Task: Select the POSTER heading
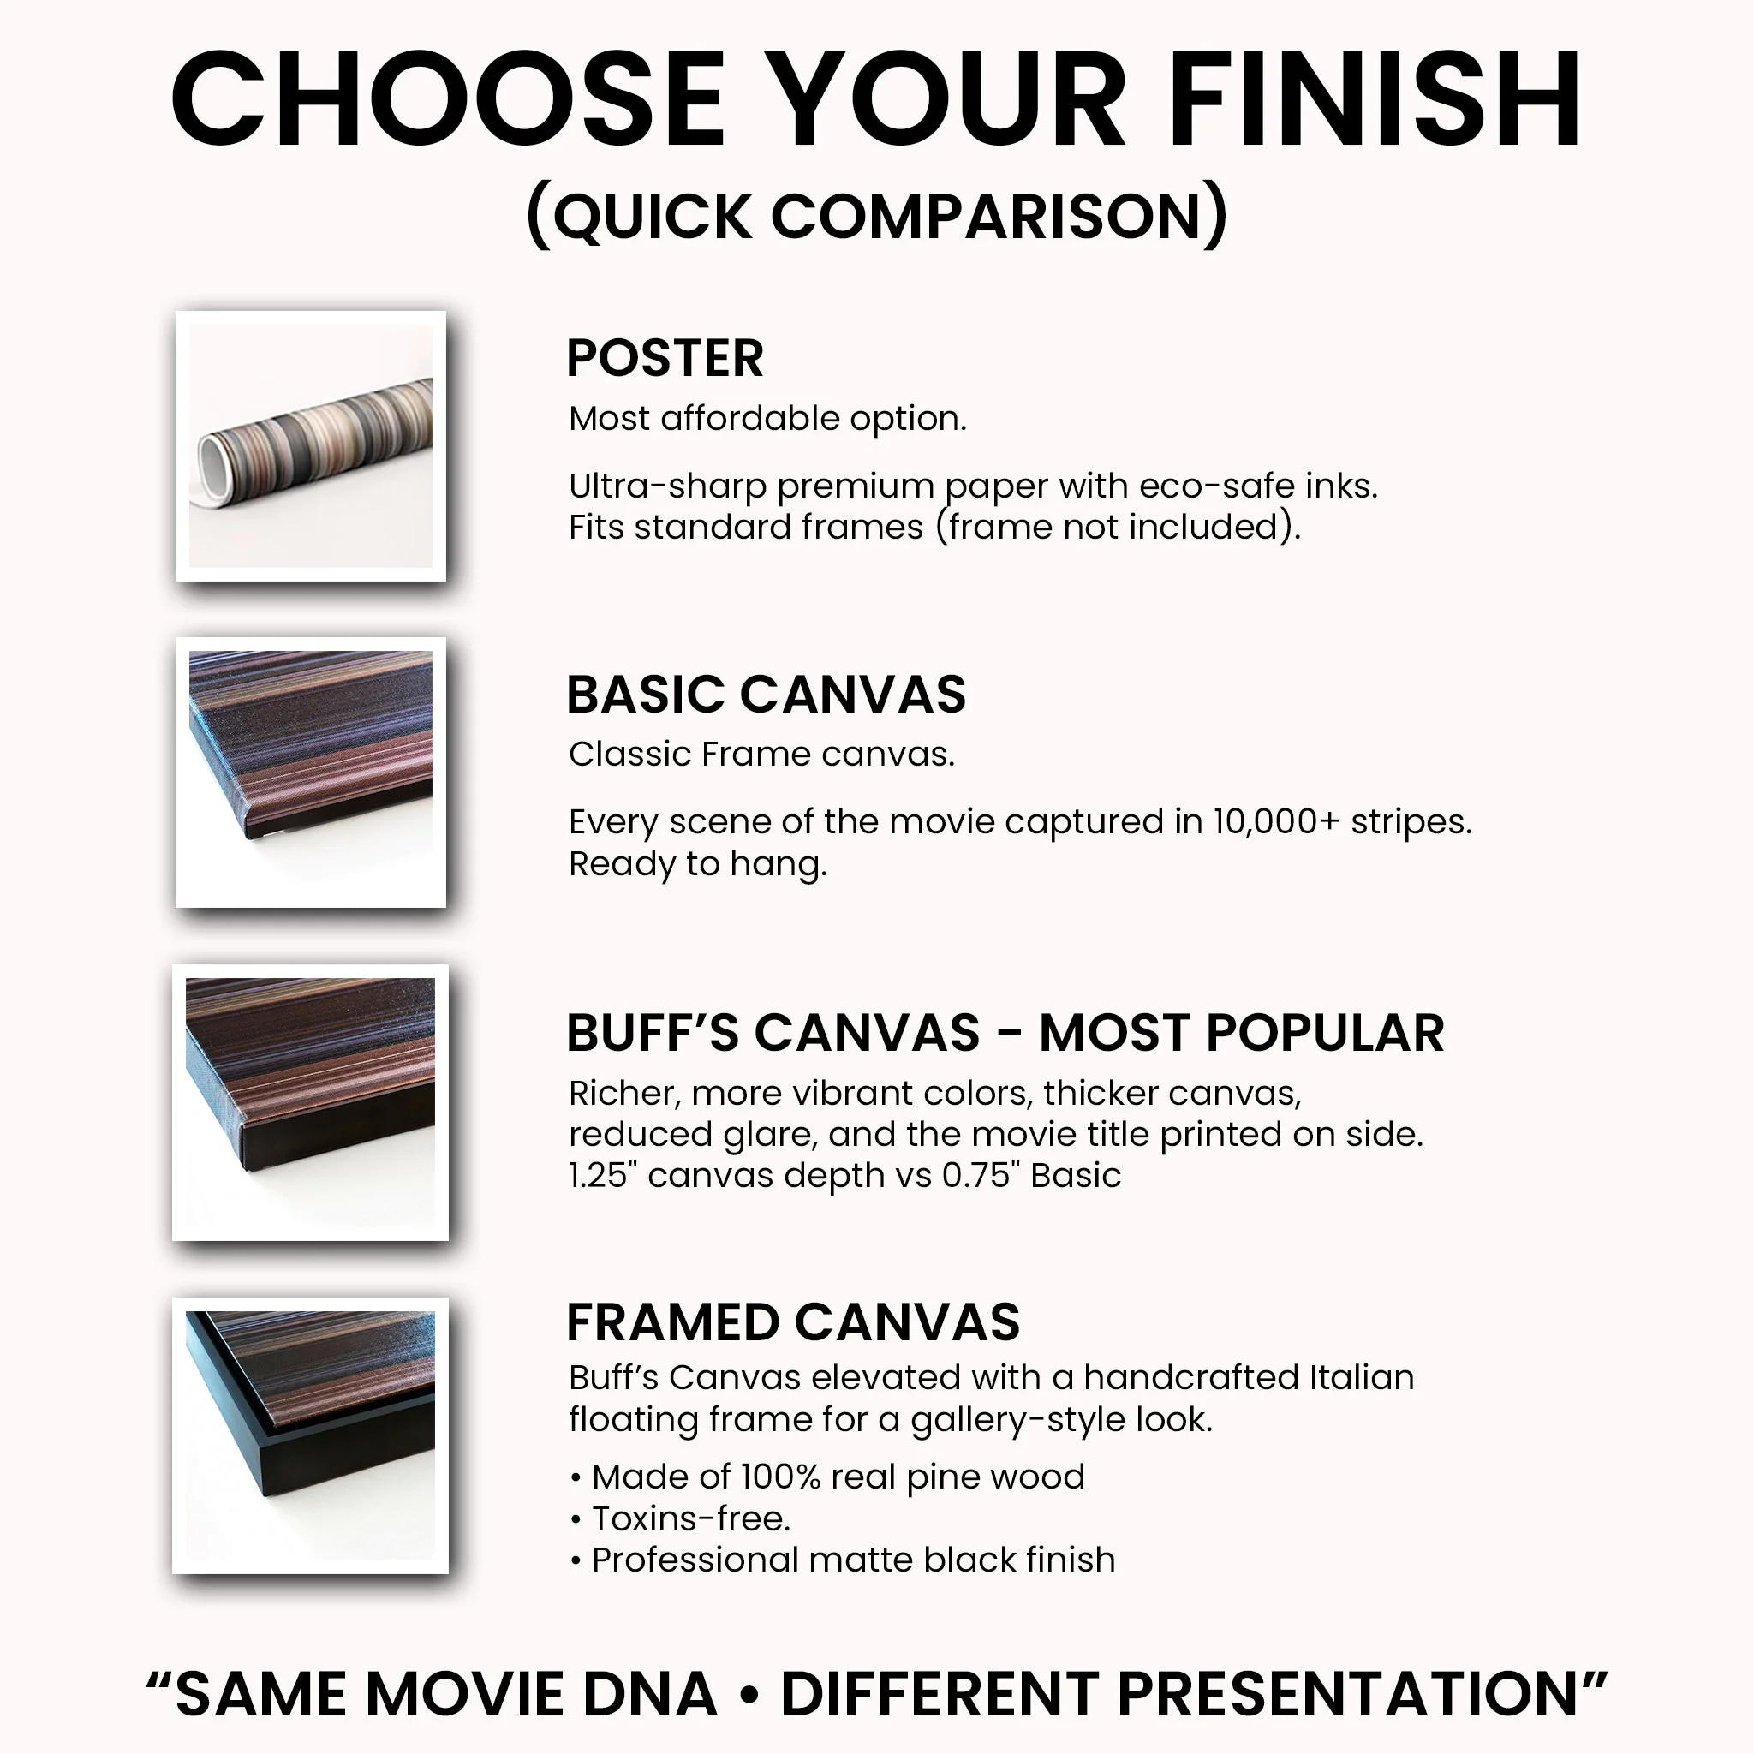point(665,358)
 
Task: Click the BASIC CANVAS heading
point(767,695)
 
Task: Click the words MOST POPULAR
point(1241,1033)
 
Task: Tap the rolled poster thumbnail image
point(311,445)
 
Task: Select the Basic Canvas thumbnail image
point(311,772)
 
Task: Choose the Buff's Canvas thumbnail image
point(311,1102)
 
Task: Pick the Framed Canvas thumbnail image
point(311,1435)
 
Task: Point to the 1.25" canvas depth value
point(604,1176)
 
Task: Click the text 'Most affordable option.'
point(767,419)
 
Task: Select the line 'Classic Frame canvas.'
point(761,755)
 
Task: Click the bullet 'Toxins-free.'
point(690,1518)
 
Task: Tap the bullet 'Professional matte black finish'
point(852,1560)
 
